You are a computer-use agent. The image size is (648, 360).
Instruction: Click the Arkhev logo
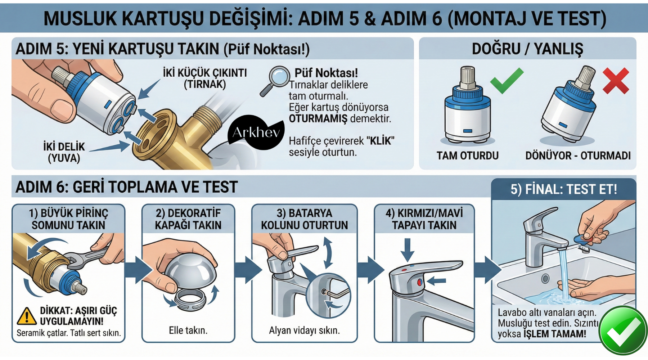click(256, 132)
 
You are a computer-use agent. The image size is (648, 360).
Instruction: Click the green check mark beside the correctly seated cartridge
click(506, 81)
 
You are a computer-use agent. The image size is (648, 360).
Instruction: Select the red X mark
click(616, 81)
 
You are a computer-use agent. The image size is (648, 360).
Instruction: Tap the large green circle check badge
click(622, 330)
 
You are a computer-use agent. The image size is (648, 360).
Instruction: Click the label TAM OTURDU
click(467, 156)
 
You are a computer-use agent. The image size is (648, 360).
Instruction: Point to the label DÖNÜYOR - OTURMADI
click(578, 156)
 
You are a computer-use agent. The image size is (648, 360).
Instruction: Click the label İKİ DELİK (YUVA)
click(64, 152)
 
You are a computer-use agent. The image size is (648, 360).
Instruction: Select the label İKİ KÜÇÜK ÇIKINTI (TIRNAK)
click(205, 78)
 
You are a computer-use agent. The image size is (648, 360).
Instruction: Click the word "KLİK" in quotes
click(380, 140)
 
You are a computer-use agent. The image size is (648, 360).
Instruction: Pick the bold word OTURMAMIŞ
click(318, 118)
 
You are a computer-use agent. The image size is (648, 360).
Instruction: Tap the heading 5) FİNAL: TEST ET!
click(563, 189)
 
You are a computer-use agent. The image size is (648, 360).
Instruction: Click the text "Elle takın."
click(188, 330)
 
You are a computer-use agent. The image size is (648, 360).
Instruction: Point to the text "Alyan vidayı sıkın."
click(304, 330)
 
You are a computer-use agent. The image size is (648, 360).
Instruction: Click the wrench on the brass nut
click(86, 257)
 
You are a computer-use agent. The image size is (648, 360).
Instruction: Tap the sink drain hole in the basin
click(545, 278)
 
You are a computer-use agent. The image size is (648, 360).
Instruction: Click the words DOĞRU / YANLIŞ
click(527, 49)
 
